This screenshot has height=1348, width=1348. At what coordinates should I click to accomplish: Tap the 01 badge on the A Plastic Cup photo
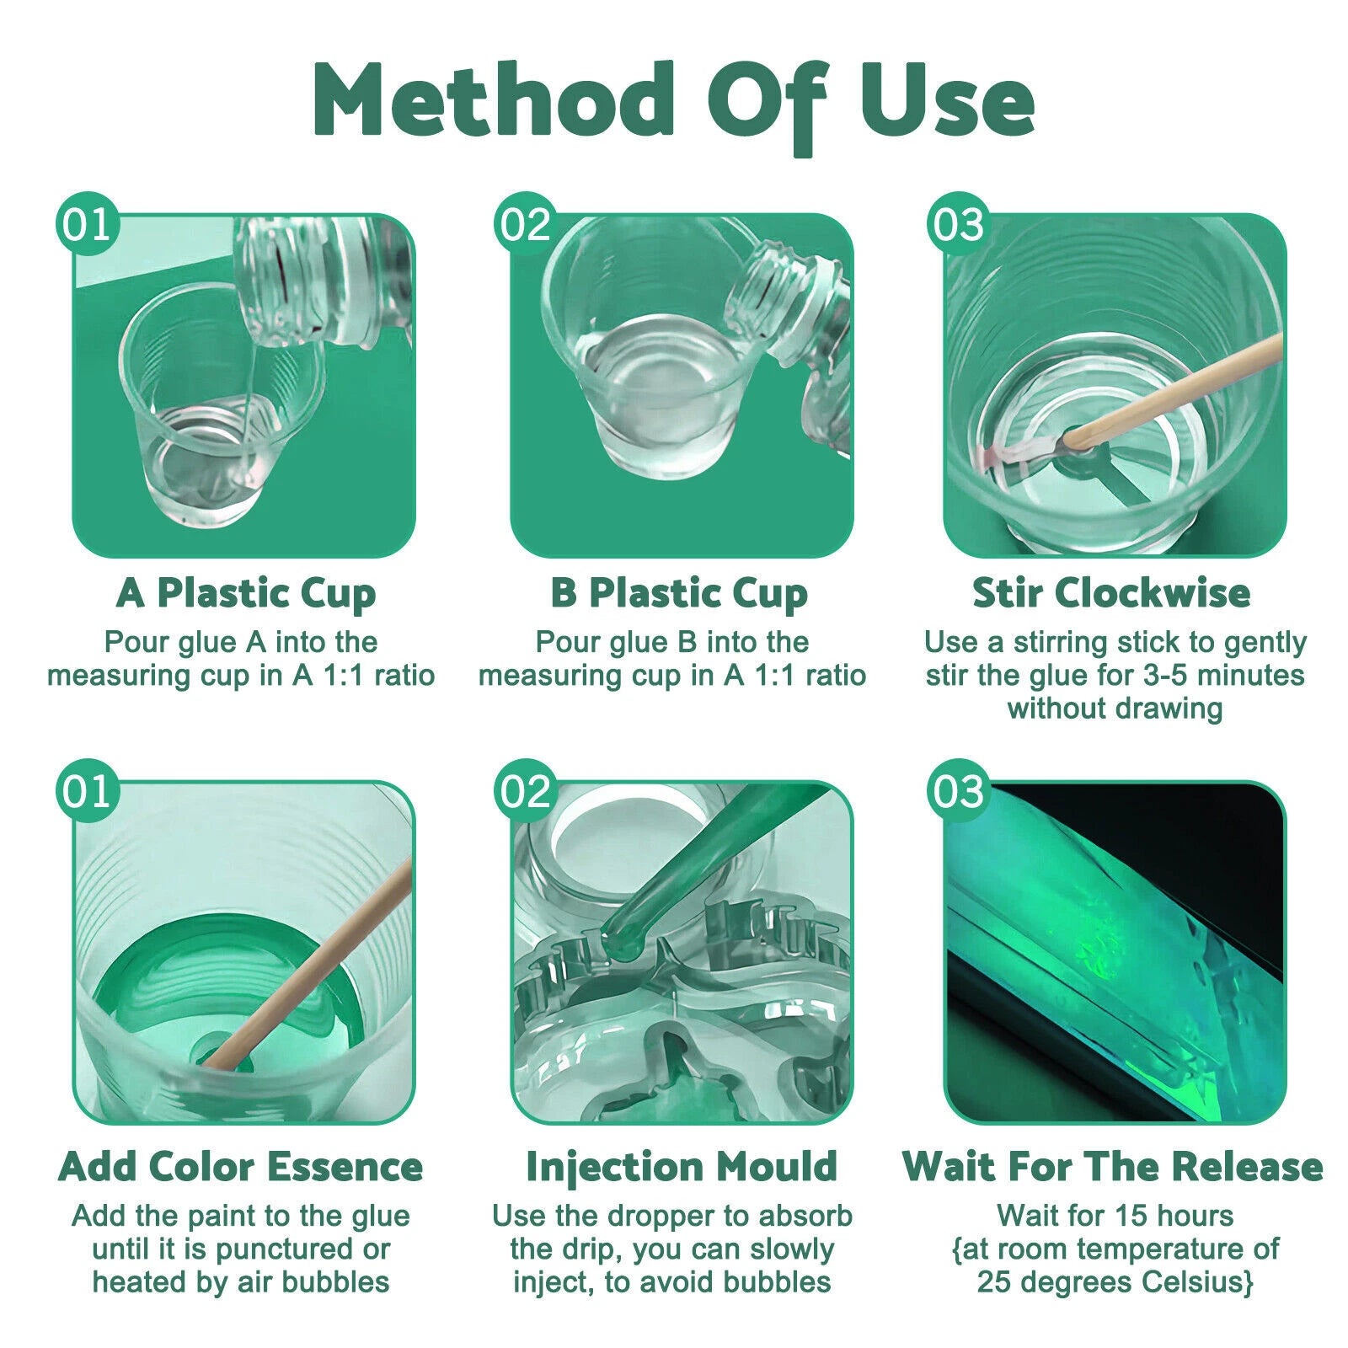[x=88, y=225]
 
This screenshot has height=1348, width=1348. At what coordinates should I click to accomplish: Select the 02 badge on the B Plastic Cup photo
[x=526, y=225]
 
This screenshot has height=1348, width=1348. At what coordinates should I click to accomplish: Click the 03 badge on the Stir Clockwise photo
[x=959, y=225]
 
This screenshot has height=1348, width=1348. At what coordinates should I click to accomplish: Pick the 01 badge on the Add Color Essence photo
[x=88, y=793]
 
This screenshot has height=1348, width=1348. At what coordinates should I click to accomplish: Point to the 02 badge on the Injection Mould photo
[x=526, y=793]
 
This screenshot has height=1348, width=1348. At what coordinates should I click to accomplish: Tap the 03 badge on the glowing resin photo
[x=959, y=793]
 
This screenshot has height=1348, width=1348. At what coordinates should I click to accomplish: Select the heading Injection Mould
[x=681, y=1167]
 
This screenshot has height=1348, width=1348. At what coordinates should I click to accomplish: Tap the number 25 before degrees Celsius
[x=992, y=1281]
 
